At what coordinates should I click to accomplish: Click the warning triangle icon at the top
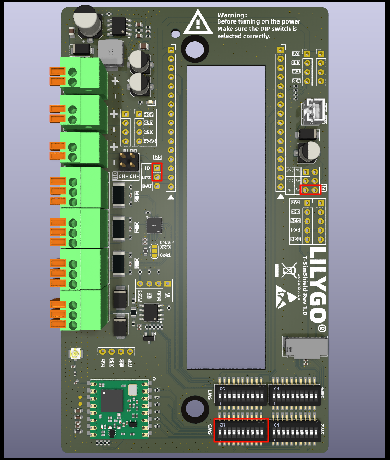click(198, 23)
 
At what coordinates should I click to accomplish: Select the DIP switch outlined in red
click(241, 430)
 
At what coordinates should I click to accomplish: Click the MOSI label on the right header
click(296, 221)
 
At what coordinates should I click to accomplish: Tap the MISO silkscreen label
click(296, 239)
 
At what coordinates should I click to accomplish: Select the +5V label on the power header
click(149, 114)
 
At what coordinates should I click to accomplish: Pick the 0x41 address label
click(165, 255)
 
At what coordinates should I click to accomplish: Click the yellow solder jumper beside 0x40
click(153, 251)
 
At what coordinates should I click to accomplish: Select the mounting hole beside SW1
click(194, 407)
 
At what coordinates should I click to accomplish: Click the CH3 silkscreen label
click(137, 227)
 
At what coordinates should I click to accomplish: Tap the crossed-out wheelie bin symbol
click(286, 270)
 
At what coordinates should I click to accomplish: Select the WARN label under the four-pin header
click(140, 295)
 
